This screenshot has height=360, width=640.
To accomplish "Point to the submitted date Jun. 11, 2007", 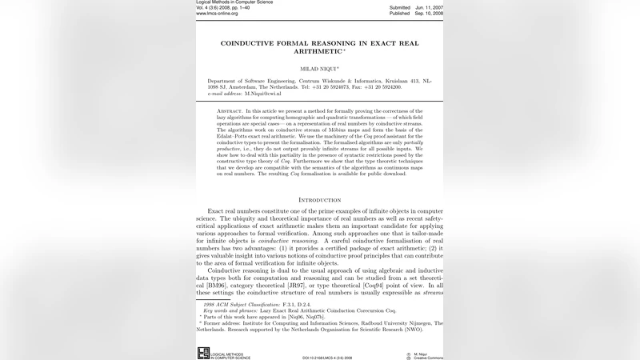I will coord(429,7).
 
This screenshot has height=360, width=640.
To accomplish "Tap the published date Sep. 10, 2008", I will coord(429,14).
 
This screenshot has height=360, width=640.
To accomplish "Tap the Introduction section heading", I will coord(319,199).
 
